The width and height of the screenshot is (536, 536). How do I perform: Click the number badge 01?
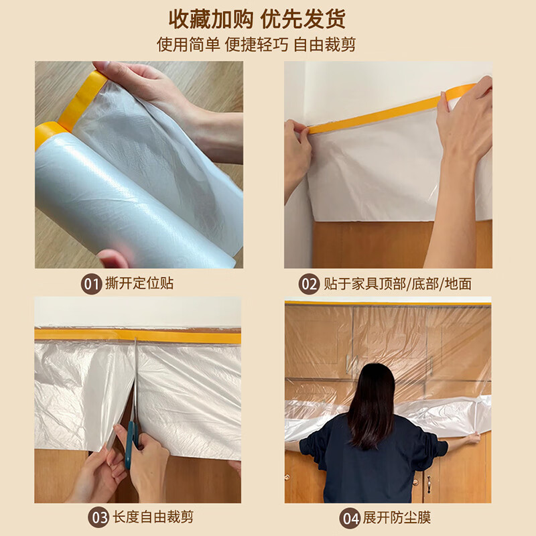92,283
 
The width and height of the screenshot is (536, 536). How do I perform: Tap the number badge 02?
309,284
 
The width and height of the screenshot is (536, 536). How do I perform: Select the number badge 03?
98,519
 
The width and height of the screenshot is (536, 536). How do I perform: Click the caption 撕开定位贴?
139,283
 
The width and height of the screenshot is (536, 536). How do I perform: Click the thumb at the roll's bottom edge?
113,257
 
